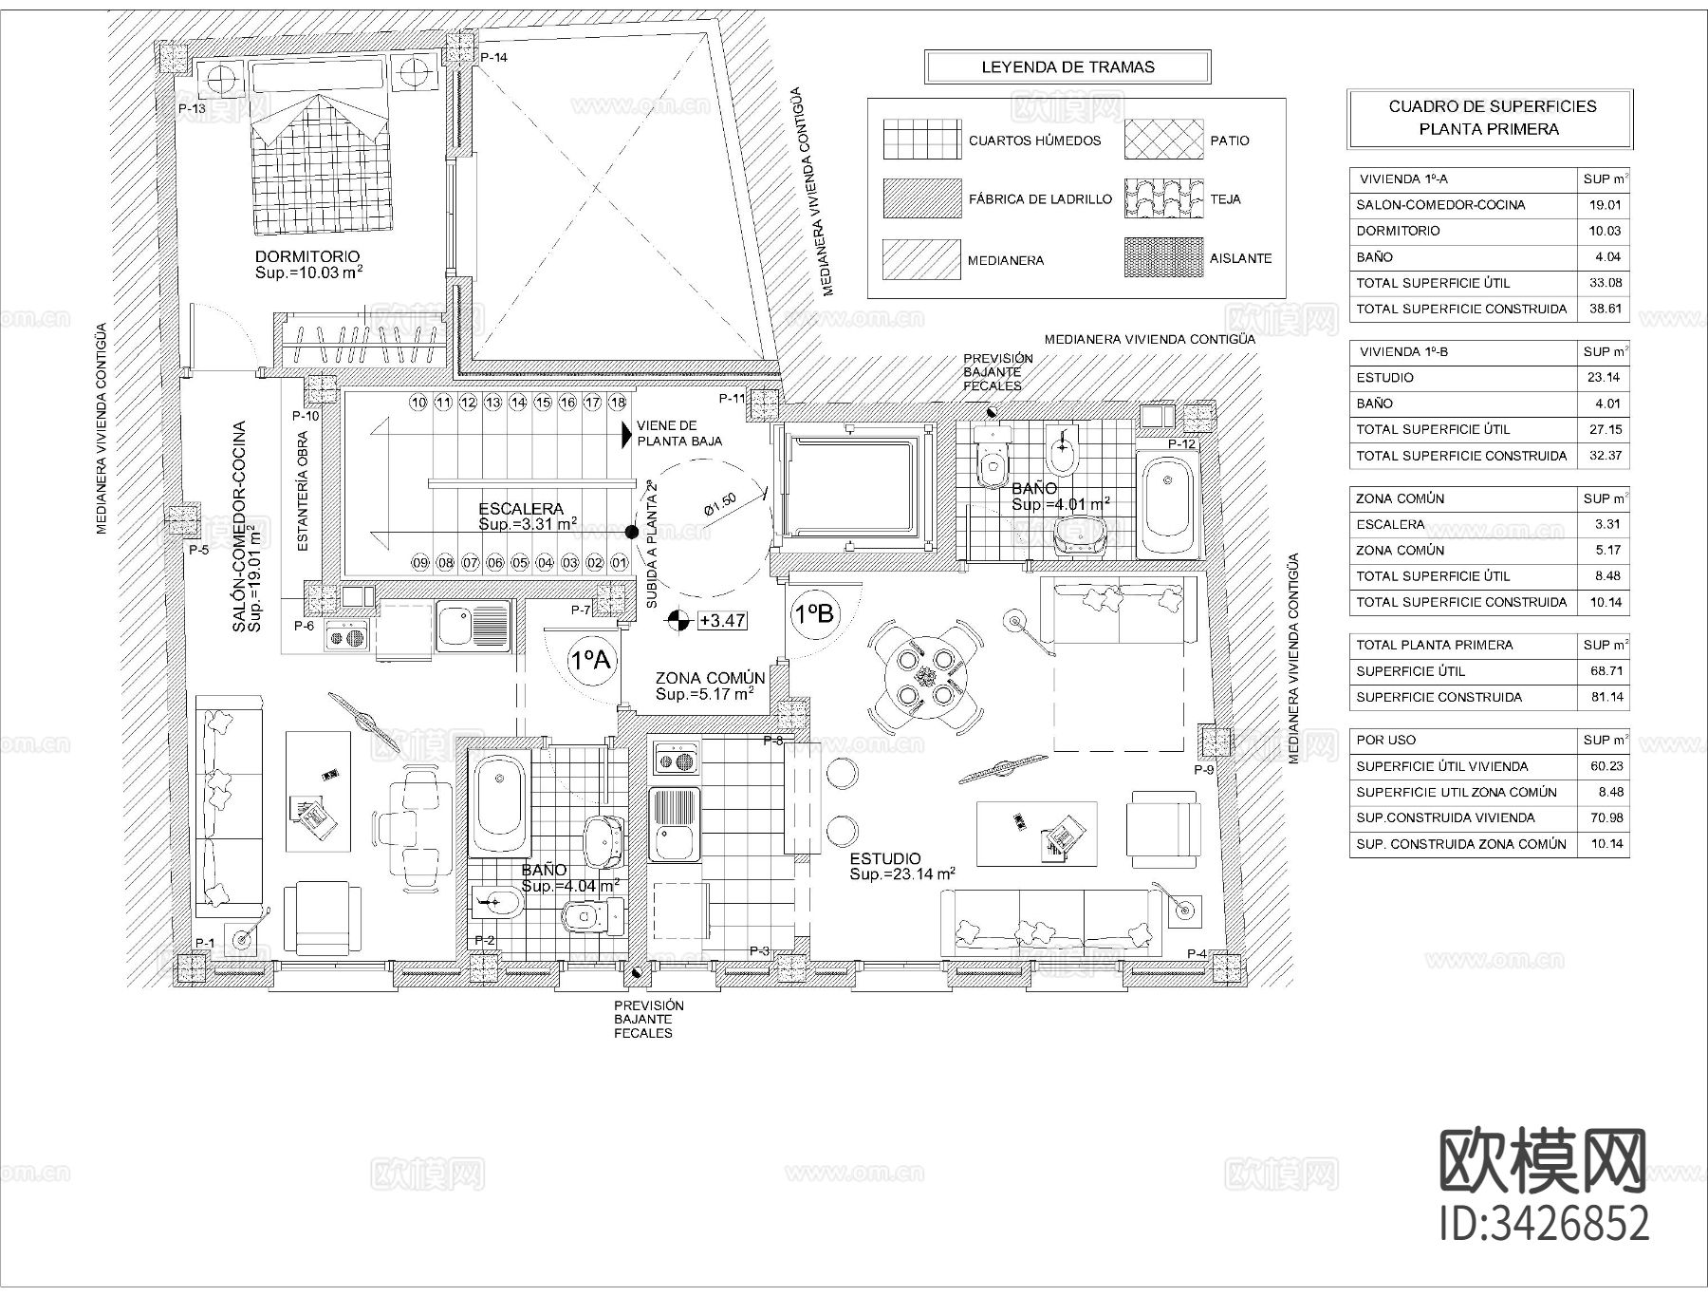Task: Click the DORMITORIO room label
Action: tap(307, 256)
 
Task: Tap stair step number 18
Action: tap(618, 403)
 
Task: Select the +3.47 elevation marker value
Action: tap(722, 621)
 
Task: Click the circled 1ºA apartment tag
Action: tap(590, 659)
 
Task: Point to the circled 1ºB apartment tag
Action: tap(813, 614)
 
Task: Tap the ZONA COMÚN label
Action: tap(710, 678)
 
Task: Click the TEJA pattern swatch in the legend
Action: tap(1163, 199)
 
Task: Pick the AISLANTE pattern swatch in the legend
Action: tap(1163, 258)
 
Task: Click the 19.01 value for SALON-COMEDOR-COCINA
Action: tap(1605, 205)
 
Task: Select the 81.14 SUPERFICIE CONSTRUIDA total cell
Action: tap(1605, 697)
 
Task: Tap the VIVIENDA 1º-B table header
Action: tap(1403, 352)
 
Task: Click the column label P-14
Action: tap(493, 58)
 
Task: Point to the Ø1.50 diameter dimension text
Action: tap(721, 504)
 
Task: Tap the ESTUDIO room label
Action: tap(884, 859)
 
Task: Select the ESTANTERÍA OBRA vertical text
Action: tap(303, 492)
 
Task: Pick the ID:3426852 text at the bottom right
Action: tap(1545, 1223)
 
